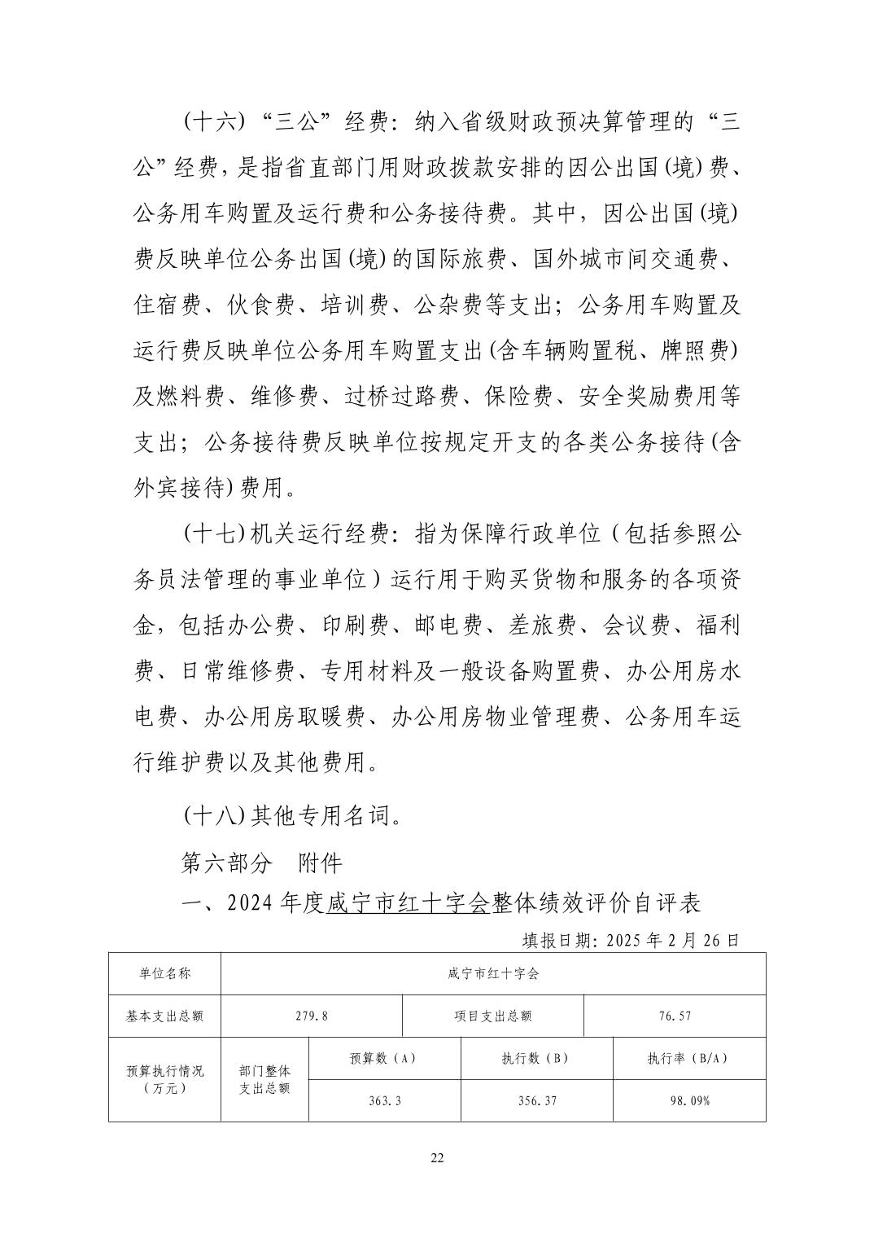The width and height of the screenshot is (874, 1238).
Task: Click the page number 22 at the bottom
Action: point(437,1158)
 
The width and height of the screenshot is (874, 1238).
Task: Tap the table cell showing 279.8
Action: point(312,1016)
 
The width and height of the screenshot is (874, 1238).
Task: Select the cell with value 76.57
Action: point(675,1016)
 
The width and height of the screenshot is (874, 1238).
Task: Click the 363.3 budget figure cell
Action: point(384,1100)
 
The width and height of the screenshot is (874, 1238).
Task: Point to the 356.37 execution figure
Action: point(536,1100)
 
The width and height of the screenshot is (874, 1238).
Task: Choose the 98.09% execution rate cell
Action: point(688,1100)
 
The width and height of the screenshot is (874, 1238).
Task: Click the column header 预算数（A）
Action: point(384,1058)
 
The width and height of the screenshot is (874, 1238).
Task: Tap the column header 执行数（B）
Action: point(536,1058)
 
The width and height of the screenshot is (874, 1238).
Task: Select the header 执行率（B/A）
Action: point(688,1058)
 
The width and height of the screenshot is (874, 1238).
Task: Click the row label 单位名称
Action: point(164,973)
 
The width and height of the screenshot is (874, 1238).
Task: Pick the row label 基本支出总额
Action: point(164,1016)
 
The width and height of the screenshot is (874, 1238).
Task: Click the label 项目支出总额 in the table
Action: point(493,1016)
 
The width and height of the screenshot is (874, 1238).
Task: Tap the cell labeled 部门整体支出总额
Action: point(264,1079)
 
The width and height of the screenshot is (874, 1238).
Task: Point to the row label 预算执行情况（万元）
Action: point(164,1079)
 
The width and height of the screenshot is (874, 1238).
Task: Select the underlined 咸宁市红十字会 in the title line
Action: point(407,903)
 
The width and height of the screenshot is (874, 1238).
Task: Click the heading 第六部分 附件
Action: point(261,863)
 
